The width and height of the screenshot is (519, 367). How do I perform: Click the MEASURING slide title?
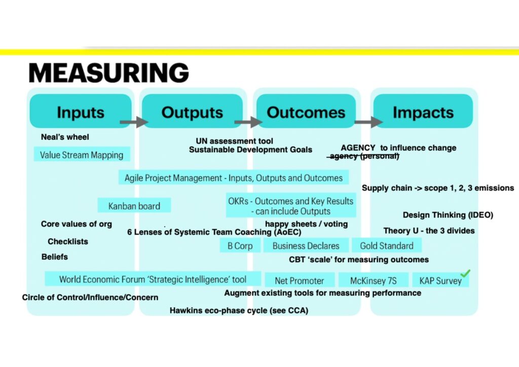[108, 72]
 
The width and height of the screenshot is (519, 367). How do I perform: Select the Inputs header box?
[81, 111]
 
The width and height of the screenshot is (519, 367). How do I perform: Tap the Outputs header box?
[192, 111]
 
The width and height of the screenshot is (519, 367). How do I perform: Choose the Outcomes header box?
[306, 111]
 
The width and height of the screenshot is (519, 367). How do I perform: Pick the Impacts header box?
[423, 111]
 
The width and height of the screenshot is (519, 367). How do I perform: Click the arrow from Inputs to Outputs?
[134, 122]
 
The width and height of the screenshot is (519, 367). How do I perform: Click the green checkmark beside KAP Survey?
[465, 273]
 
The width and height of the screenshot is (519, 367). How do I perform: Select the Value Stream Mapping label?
[82, 155]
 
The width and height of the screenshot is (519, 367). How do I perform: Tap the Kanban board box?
[134, 206]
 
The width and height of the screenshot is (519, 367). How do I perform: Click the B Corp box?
[240, 246]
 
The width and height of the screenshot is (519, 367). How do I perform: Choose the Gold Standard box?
[387, 246]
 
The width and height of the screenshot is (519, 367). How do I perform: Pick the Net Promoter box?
[300, 281]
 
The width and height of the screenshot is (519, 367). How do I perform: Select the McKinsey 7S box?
[374, 281]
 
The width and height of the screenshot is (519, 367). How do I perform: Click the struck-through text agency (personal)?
[363, 156]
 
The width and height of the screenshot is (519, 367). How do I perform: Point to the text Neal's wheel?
[65, 137]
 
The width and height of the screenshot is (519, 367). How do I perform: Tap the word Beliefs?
[55, 257]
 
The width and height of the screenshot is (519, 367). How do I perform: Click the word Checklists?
[68, 242]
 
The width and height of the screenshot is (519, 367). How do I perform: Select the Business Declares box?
[306, 246]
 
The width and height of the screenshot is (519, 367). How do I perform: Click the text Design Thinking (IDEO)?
[448, 215]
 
